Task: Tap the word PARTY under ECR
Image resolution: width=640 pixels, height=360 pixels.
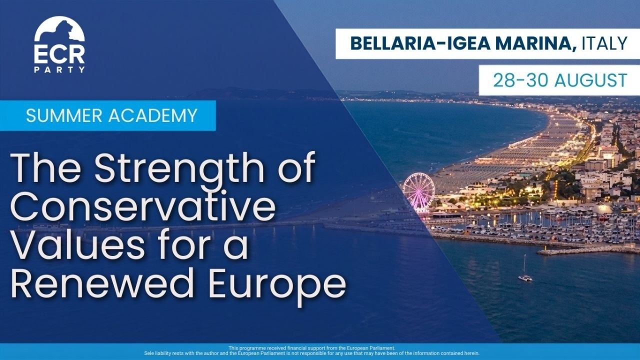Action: [59, 69]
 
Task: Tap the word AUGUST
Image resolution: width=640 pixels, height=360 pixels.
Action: [591, 80]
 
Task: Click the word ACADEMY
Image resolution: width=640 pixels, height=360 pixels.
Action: [153, 115]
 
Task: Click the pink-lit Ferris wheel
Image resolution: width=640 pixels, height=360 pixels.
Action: [419, 191]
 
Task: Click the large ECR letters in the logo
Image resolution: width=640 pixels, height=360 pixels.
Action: [59, 55]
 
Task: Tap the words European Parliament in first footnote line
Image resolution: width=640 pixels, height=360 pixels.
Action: [371, 348]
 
